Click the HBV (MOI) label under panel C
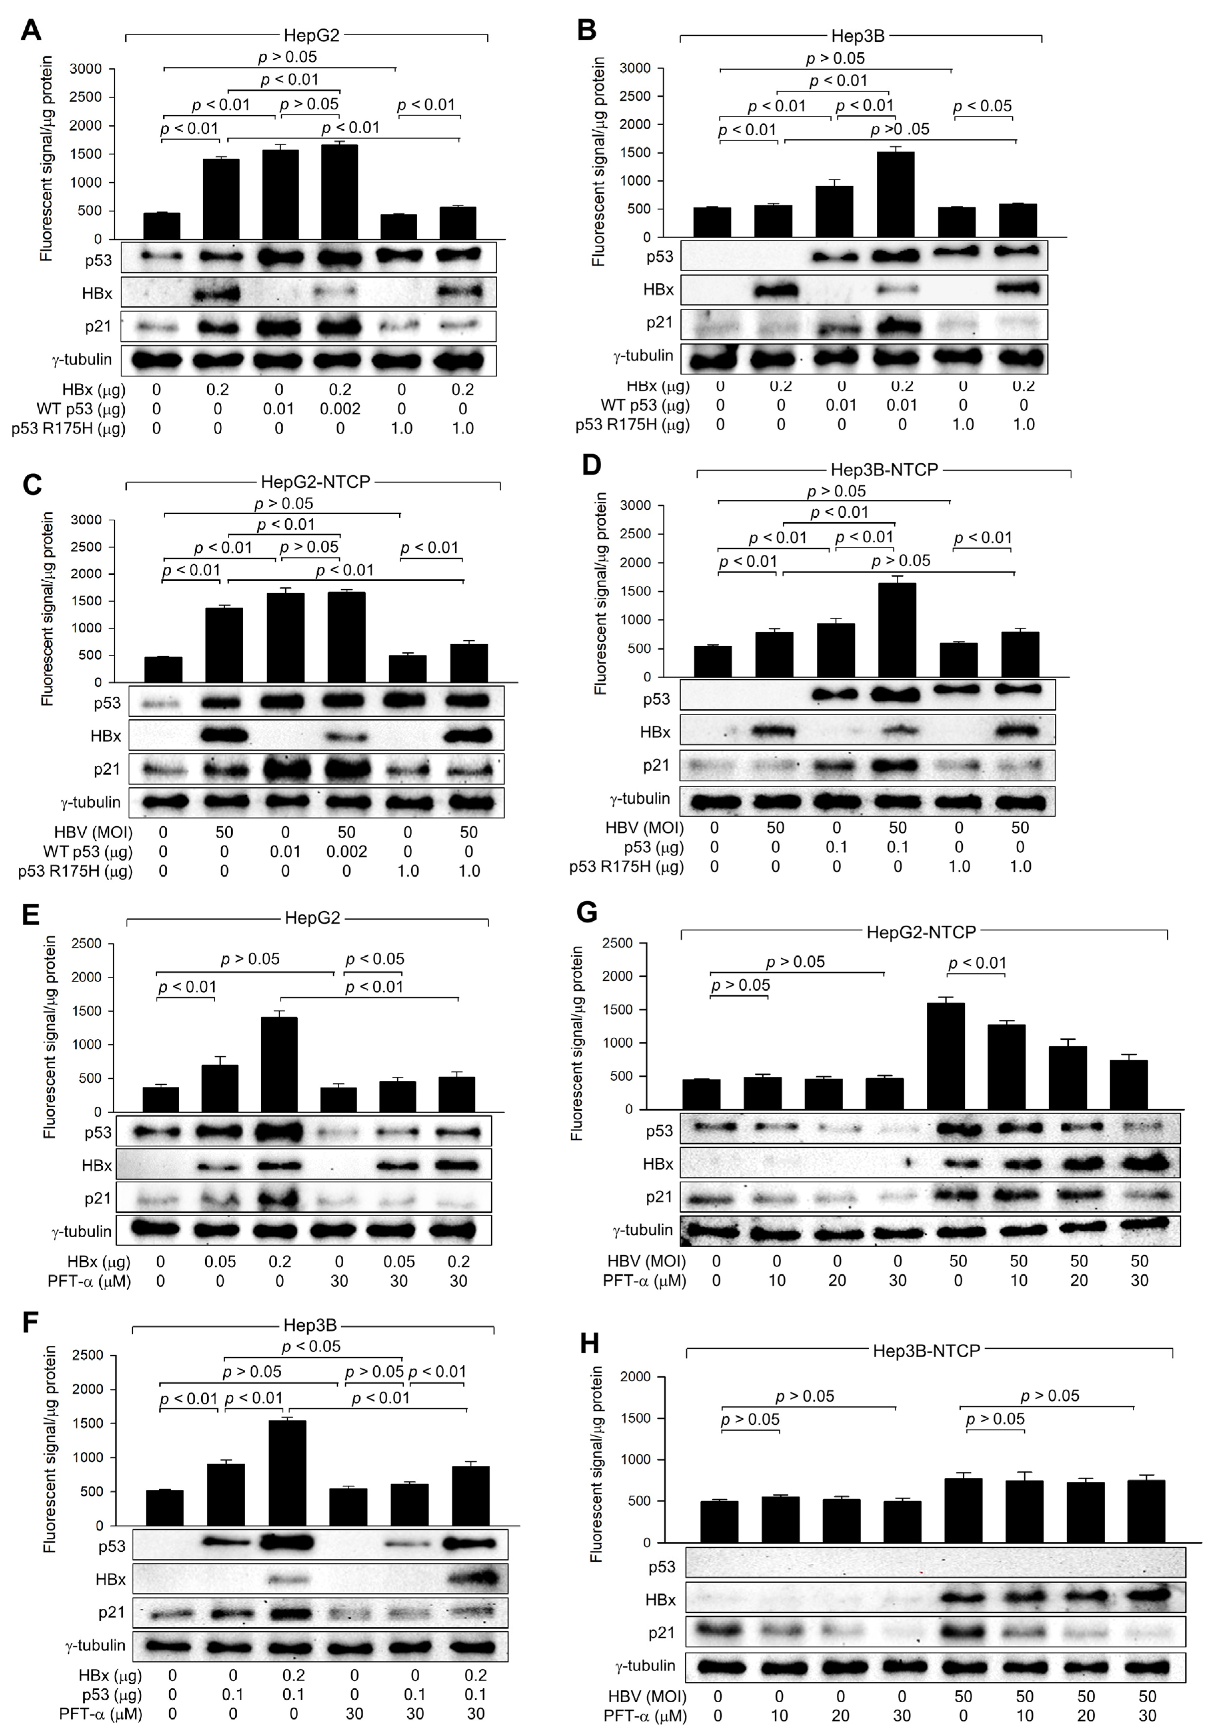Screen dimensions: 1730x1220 coord(93,833)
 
